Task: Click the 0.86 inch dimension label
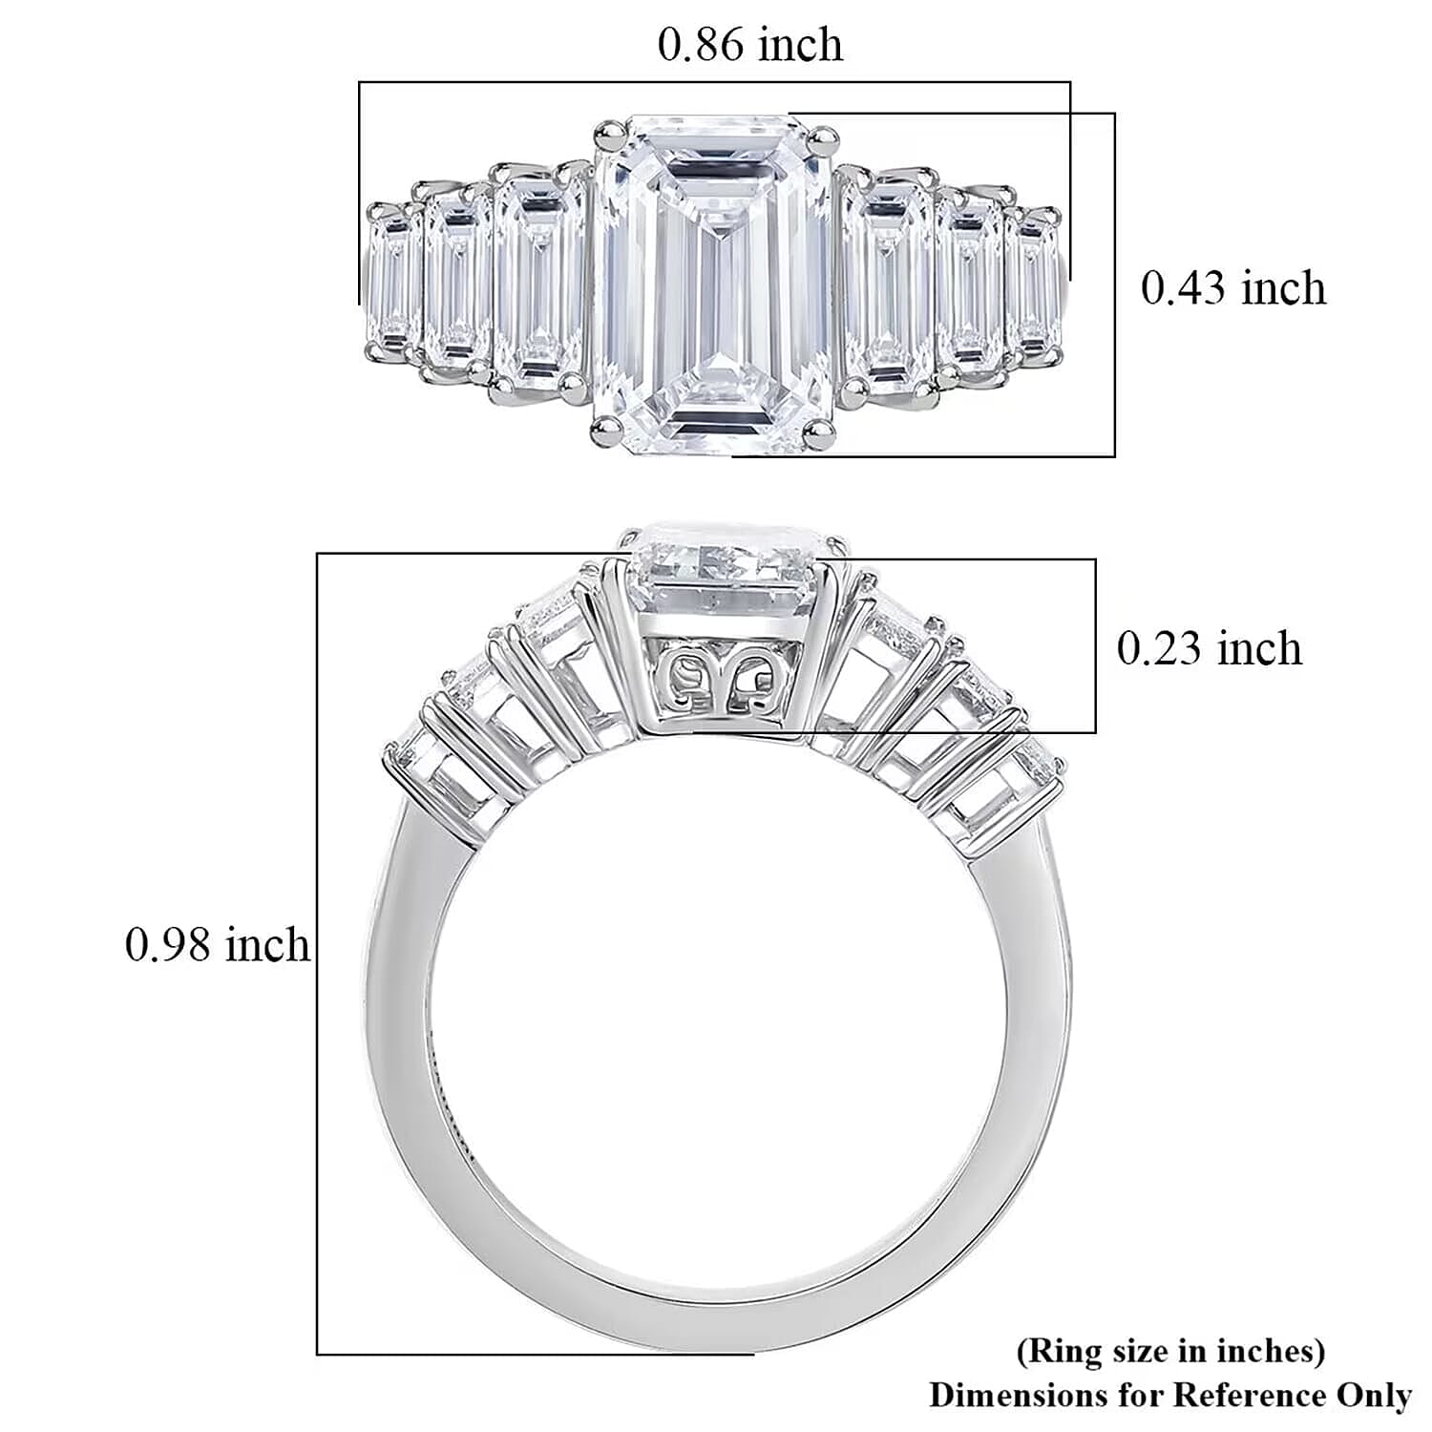(750, 45)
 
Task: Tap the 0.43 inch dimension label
(1233, 288)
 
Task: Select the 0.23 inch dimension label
(1210, 648)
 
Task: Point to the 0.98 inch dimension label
(218, 945)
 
